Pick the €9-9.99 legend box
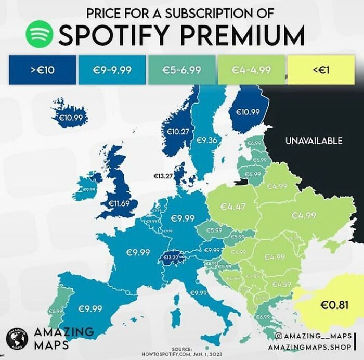click(x=112, y=70)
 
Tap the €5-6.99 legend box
click(x=182, y=70)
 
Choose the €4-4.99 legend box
click(x=252, y=70)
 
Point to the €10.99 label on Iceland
click(x=70, y=118)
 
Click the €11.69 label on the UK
click(x=118, y=202)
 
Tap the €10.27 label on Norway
click(x=177, y=132)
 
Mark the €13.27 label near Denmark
click(x=163, y=177)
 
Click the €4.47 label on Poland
click(x=232, y=207)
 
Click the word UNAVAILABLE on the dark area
click(x=314, y=140)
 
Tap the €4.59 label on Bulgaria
click(x=281, y=284)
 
